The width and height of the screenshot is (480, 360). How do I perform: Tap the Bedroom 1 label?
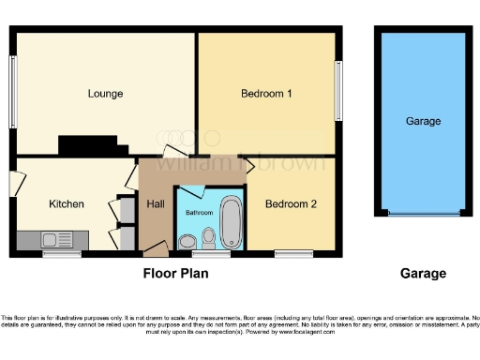[266, 93]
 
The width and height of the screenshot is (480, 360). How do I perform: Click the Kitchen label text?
[67, 203]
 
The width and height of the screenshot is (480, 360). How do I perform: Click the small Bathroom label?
[198, 213]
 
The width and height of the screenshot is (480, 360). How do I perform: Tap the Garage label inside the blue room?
[423, 121]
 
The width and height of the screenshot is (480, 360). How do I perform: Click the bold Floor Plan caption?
[175, 274]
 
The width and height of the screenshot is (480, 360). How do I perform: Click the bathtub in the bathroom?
[231, 221]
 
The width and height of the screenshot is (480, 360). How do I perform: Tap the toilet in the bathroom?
[208, 240]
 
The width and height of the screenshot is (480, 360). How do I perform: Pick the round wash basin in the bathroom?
[187, 241]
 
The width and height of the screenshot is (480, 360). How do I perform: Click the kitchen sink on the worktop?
[52, 241]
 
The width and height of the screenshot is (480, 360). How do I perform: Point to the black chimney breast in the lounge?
[92, 145]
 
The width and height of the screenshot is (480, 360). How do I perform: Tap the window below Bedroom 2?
[293, 253]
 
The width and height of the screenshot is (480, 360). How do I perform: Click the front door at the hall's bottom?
[155, 248]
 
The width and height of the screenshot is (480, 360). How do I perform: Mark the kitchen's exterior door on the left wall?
[13, 184]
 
